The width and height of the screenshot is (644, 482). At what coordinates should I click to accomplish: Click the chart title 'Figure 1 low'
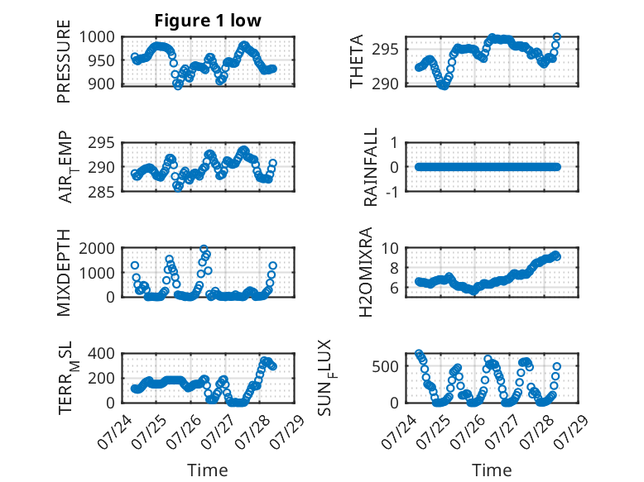pyautogui.click(x=208, y=21)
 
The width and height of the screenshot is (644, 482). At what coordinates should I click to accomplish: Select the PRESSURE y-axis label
pyautogui.click(x=64, y=61)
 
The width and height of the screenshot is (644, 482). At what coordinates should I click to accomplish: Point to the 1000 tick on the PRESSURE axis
pyautogui.click(x=97, y=37)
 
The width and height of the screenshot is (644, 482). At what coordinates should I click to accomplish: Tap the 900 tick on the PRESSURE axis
pyautogui.click(x=102, y=84)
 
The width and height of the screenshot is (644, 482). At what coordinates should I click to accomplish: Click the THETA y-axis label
pyautogui.click(x=357, y=61)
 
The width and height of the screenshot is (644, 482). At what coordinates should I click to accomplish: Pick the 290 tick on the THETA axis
pyautogui.click(x=385, y=84)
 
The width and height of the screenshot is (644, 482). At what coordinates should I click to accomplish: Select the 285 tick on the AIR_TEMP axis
pyautogui.click(x=102, y=192)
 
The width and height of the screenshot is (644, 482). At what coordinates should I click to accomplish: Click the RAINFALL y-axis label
pyautogui.click(x=371, y=167)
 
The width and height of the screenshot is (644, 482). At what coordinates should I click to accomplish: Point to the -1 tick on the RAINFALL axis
pyautogui.click(x=392, y=192)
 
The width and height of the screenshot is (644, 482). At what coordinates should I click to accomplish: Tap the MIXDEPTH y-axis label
pyautogui.click(x=64, y=272)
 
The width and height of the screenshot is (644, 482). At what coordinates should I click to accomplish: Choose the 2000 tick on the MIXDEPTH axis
pyautogui.click(x=97, y=248)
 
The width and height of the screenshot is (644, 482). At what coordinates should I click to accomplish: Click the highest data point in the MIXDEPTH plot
pyautogui.click(x=204, y=249)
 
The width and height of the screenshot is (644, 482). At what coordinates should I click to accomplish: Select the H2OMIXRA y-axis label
pyautogui.click(x=366, y=272)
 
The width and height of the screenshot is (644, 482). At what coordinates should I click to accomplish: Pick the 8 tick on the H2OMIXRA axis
pyautogui.click(x=395, y=268)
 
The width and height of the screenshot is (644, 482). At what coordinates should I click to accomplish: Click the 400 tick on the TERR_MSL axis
pyautogui.click(x=102, y=353)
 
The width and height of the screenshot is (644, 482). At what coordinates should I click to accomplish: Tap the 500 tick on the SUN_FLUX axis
pyautogui.click(x=385, y=366)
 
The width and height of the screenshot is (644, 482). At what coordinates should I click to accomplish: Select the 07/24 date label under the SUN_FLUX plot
pyautogui.click(x=399, y=432)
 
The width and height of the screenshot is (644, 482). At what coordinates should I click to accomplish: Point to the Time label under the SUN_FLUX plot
pyautogui.click(x=492, y=470)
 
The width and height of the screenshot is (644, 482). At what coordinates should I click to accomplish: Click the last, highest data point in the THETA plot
pyautogui.click(x=557, y=37)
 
